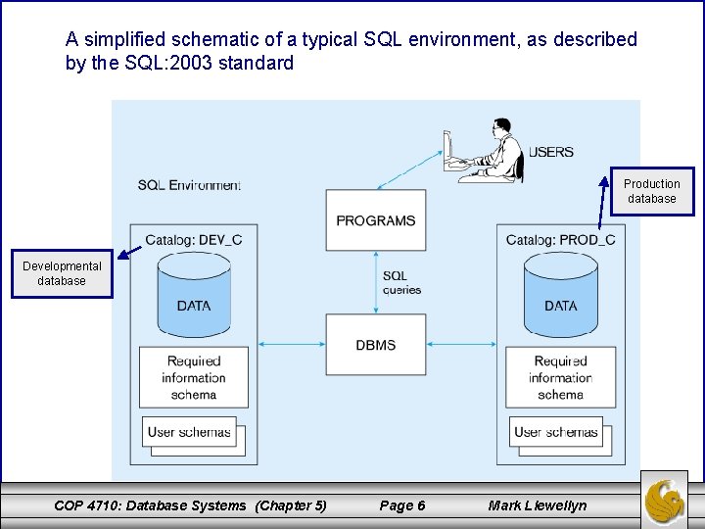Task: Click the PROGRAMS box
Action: point(376,221)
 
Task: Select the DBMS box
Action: point(376,345)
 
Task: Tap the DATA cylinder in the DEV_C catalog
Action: point(194,294)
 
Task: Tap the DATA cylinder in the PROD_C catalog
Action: point(560,294)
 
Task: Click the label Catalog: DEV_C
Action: point(193,239)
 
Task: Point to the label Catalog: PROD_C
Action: point(560,239)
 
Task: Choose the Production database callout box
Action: point(651,191)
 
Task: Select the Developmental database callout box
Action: point(62,273)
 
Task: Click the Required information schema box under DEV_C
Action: point(193,377)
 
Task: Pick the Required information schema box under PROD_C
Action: point(560,377)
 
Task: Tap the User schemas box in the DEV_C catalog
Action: point(190,432)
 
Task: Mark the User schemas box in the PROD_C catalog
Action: point(555,432)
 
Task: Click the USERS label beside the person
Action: point(551,152)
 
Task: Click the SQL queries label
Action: point(401,283)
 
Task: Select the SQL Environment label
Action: point(189,185)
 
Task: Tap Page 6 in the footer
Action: point(401,505)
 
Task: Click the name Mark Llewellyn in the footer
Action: point(538,505)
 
